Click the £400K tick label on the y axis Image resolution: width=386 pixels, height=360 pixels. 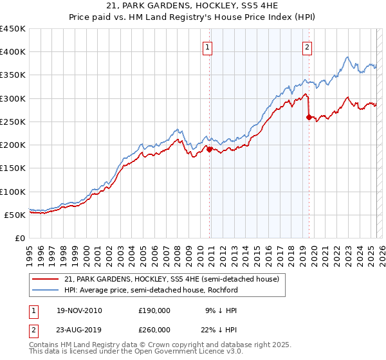(x=13, y=52)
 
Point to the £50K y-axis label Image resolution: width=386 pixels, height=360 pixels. (x=15, y=215)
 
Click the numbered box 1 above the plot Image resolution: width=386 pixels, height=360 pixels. (x=208, y=46)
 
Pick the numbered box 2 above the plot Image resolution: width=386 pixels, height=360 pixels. (x=308, y=46)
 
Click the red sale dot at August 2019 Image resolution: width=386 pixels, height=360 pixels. (x=309, y=117)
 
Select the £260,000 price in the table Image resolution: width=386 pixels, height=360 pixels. (x=154, y=330)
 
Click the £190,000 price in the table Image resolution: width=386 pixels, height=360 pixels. (x=154, y=310)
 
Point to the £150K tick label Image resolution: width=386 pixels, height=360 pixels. (x=13, y=168)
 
